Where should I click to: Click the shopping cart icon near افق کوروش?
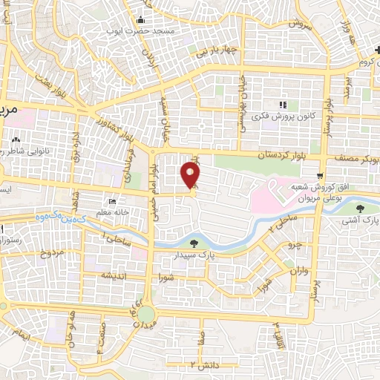click(319, 176)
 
